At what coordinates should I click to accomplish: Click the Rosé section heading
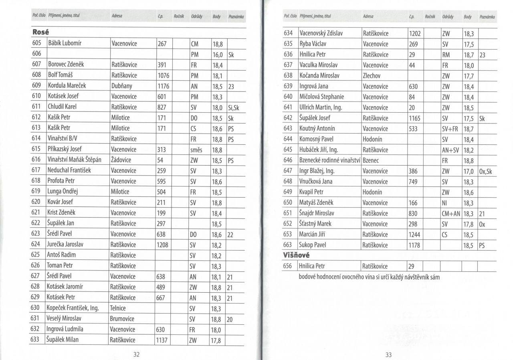(40, 32)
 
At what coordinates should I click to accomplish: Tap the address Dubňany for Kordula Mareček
(121, 86)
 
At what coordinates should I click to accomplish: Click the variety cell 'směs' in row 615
(196, 149)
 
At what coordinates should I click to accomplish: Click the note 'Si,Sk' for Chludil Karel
(233, 107)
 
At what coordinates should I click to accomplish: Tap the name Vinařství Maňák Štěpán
(74, 160)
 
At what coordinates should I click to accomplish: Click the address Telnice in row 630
(118, 308)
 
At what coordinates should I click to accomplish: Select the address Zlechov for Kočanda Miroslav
(371, 75)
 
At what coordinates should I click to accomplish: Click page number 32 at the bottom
(136, 354)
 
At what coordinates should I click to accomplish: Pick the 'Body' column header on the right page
(467, 17)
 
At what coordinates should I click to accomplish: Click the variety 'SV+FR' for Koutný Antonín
(451, 129)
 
